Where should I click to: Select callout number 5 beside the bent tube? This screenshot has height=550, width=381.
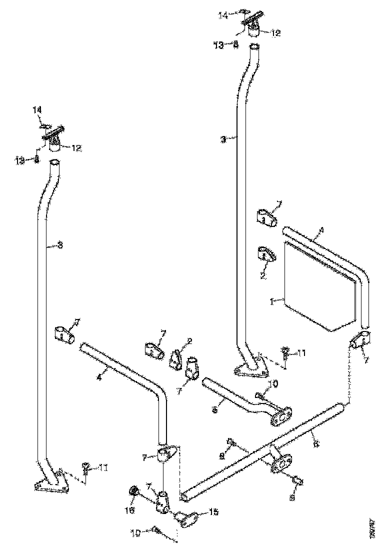point(214,409)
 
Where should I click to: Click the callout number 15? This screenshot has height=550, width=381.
point(213,512)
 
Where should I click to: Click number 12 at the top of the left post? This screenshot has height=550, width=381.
point(76,148)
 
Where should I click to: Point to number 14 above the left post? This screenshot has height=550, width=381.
point(38,109)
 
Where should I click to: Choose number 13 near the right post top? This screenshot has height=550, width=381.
point(218,45)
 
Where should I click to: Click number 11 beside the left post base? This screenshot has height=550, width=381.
point(102,468)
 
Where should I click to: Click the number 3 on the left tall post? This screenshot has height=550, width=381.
point(60,245)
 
